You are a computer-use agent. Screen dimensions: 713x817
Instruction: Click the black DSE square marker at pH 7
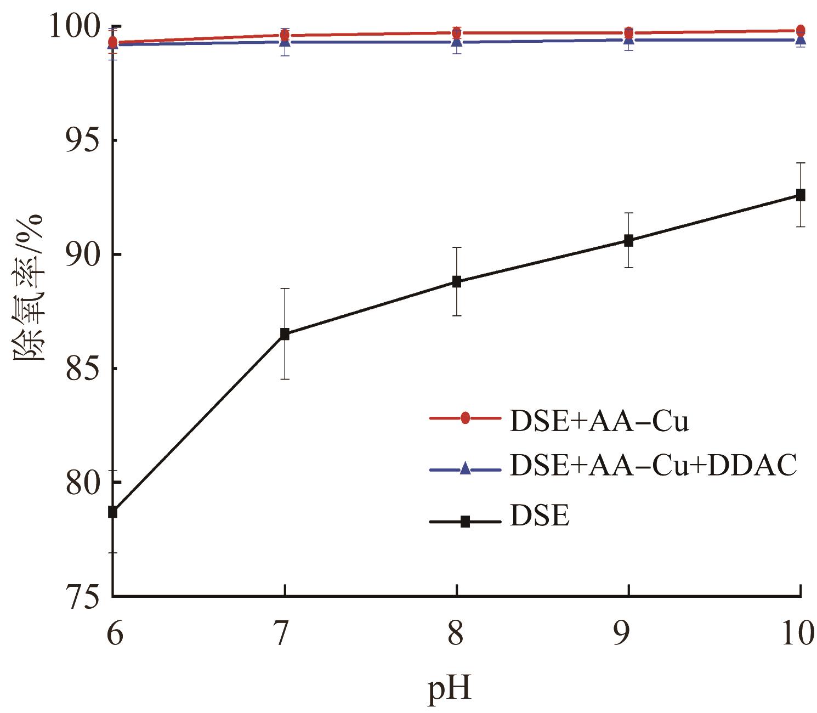click(285, 334)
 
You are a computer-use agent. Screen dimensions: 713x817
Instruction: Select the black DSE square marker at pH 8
click(457, 282)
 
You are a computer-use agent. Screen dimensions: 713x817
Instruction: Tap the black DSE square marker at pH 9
click(628, 240)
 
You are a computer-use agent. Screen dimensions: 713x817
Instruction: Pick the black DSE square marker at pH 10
click(801, 195)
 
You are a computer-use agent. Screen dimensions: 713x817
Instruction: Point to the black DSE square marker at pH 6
click(113, 512)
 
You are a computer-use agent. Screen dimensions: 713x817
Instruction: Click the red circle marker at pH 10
click(801, 30)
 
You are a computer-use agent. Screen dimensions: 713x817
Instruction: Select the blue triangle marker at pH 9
click(628, 39)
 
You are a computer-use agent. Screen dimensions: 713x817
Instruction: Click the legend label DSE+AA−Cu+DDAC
click(653, 466)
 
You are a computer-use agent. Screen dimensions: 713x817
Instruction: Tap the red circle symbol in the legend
click(465, 418)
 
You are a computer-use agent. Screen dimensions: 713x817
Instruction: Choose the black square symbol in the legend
click(465, 522)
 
